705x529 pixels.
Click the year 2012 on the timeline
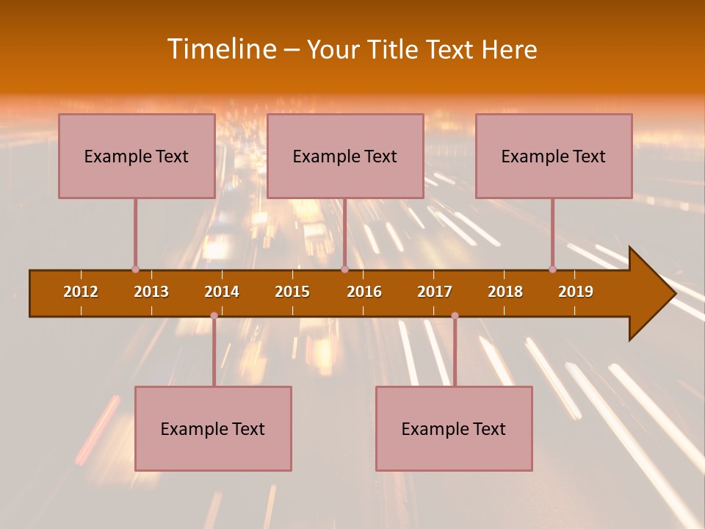pyautogui.click(x=81, y=292)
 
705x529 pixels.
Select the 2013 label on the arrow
pyautogui.click(x=151, y=292)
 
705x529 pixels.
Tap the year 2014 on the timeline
pyautogui.click(x=222, y=292)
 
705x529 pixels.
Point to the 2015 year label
pyautogui.click(x=292, y=292)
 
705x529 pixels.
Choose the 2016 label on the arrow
pyautogui.click(x=364, y=292)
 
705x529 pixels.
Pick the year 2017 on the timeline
pyautogui.click(x=435, y=292)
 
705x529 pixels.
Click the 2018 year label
pyautogui.click(x=505, y=292)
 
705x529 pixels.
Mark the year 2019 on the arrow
pyautogui.click(x=576, y=292)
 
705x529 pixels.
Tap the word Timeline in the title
pyautogui.click(x=221, y=49)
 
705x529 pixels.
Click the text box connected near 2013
pyautogui.click(x=137, y=156)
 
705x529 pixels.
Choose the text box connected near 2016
pyautogui.click(x=345, y=156)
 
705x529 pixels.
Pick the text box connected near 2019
pyautogui.click(x=554, y=156)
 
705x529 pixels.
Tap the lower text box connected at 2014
pyautogui.click(x=213, y=428)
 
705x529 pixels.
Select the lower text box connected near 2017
pyautogui.click(x=454, y=428)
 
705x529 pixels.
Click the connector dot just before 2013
pyautogui.click(x=135, y=270)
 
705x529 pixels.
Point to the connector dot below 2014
pyautogui.click(x=214, y=316)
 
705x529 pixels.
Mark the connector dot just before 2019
pyautogui.click(x=552, y=270)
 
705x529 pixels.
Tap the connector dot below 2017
pyautogui.click(x=455, y=316)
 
